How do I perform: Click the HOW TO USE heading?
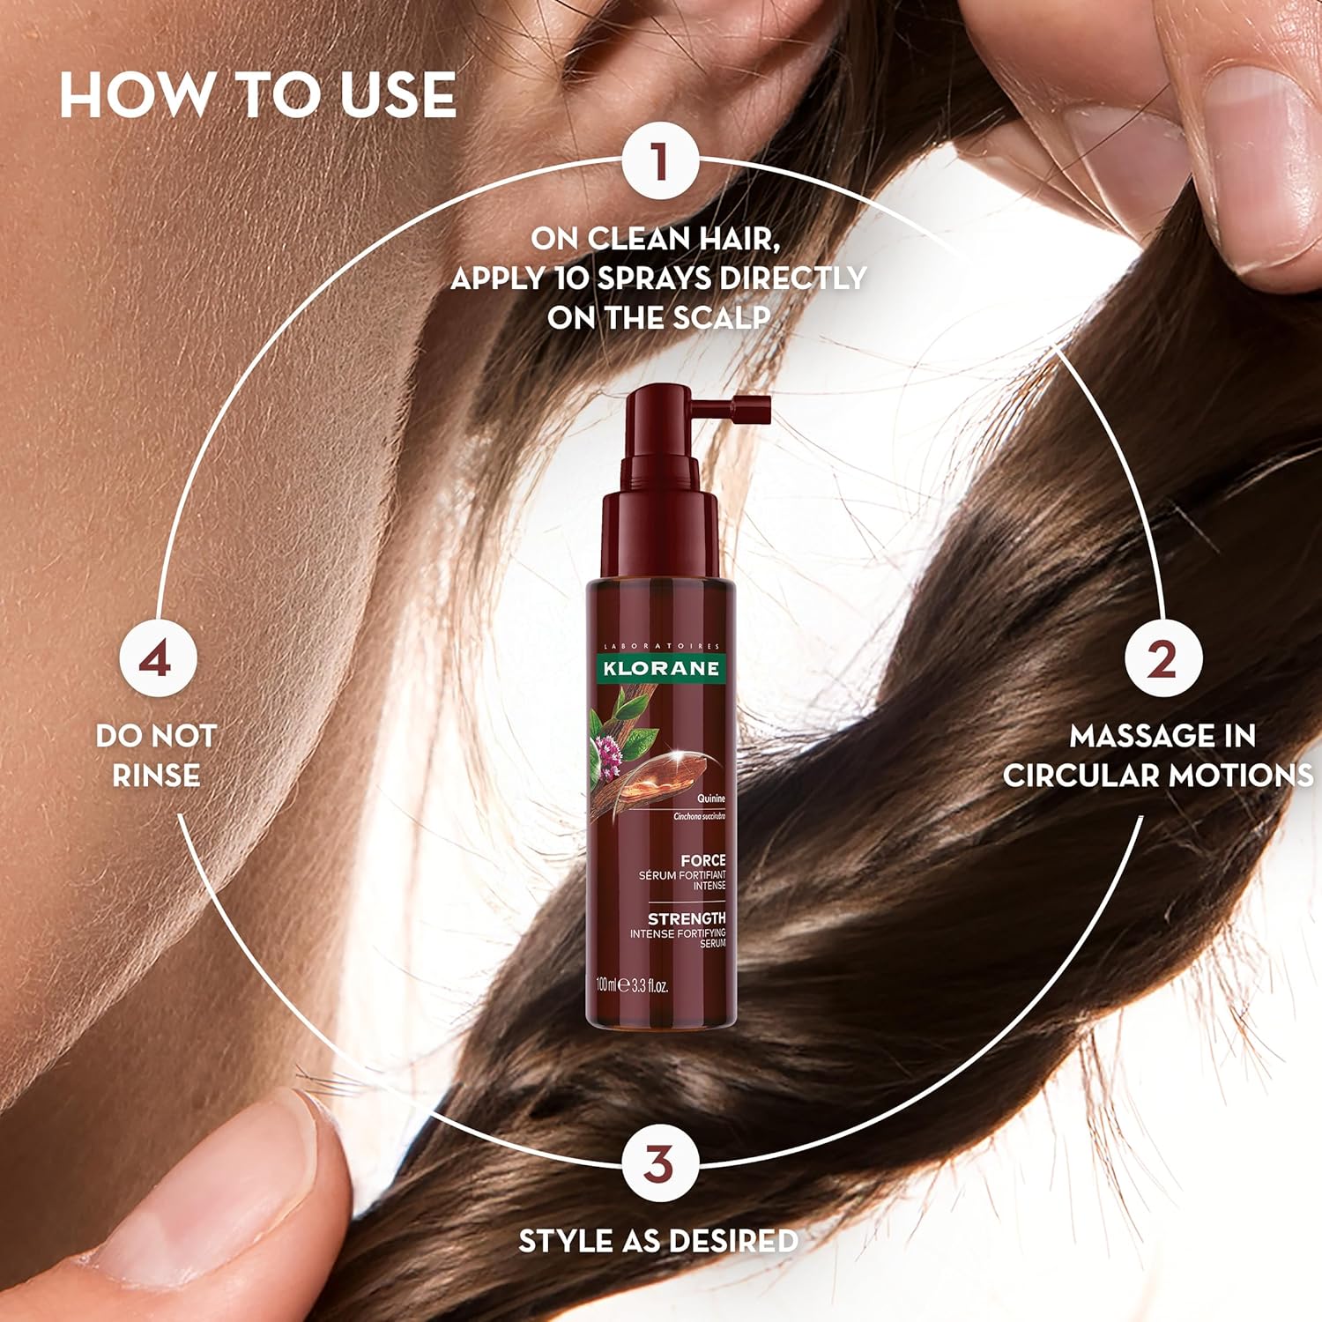pyautogui.click(x=257, y=95)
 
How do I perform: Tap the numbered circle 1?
pyautogui.click(x=659, y=163)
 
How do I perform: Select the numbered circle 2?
pyautogui.click(x=1162, y=659)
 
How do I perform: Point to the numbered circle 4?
pyautogui.click(x=156, y=659)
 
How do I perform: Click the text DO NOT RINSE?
pyautogui.click(x=156, y=755)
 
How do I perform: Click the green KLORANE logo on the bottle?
pyautogui.click(x=660, y=668)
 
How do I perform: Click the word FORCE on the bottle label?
pyautogui.click(x=702, y=860)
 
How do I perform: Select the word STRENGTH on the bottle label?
pyautogui.click(x=687, y=918)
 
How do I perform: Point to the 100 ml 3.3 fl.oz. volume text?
pyautogui.click(x=632, y=984)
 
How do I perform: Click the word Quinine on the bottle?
pyautogui.click(x=710, y=798)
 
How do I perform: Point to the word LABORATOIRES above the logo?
pyautogui.click(x=660, y=646)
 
